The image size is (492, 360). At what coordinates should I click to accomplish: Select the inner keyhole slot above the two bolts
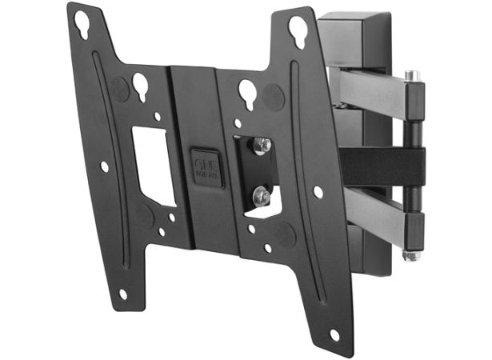point(246,93)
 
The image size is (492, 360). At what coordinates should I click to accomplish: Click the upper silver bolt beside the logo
point(261,146)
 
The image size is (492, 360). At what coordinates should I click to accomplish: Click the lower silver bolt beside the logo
point(261,194)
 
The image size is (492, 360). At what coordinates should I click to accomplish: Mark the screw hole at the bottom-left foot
point(122,294)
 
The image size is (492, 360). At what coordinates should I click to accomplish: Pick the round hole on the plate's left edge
point(104,166)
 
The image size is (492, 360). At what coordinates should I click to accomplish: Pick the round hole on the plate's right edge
point(318,192)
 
